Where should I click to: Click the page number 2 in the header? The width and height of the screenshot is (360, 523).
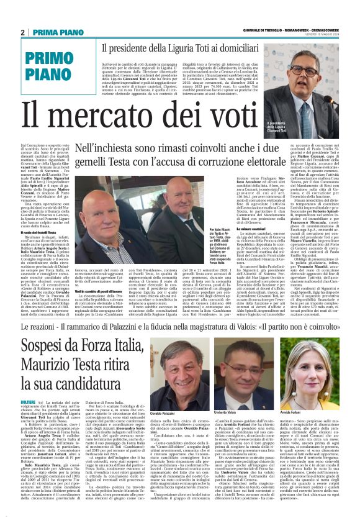(x=22, y=33)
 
